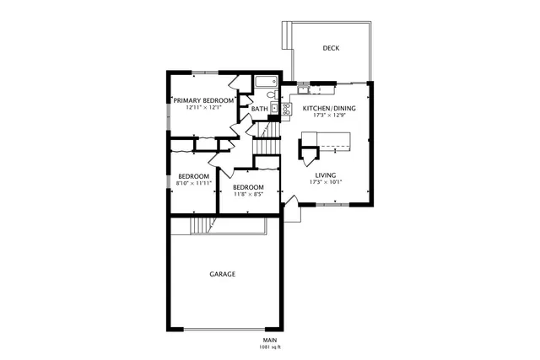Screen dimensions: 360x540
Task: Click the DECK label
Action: point(331,48)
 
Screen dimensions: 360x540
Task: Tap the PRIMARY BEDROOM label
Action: point(204,100)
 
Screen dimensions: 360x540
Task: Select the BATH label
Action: point(260,109)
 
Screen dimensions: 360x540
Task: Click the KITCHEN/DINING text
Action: point(329,109)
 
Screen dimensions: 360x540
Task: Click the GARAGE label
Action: point(223,274)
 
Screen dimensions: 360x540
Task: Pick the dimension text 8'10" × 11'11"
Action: point(192,183)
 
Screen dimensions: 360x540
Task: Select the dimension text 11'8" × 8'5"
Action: point(248,194)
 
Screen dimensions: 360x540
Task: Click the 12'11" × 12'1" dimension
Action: point(204,108)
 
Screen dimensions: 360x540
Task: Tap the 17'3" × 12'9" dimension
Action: point(329,116)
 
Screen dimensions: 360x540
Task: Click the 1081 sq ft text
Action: point(270,347)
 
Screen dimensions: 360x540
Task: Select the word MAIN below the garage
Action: point(270,340)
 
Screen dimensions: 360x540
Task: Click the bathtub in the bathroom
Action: point(265,83)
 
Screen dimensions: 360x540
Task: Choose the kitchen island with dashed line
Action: point(333,150)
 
